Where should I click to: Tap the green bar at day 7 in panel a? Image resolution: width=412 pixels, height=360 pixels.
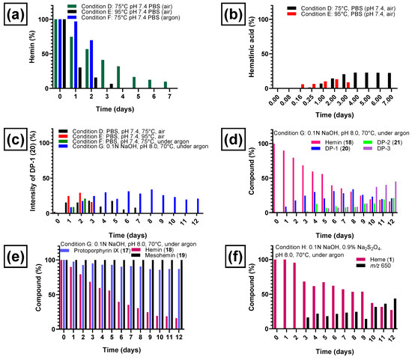coord(166,86)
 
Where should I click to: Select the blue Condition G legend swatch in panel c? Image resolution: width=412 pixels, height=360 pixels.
coord(71,149)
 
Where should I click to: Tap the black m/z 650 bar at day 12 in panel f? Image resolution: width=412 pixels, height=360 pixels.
coord(395,313)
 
